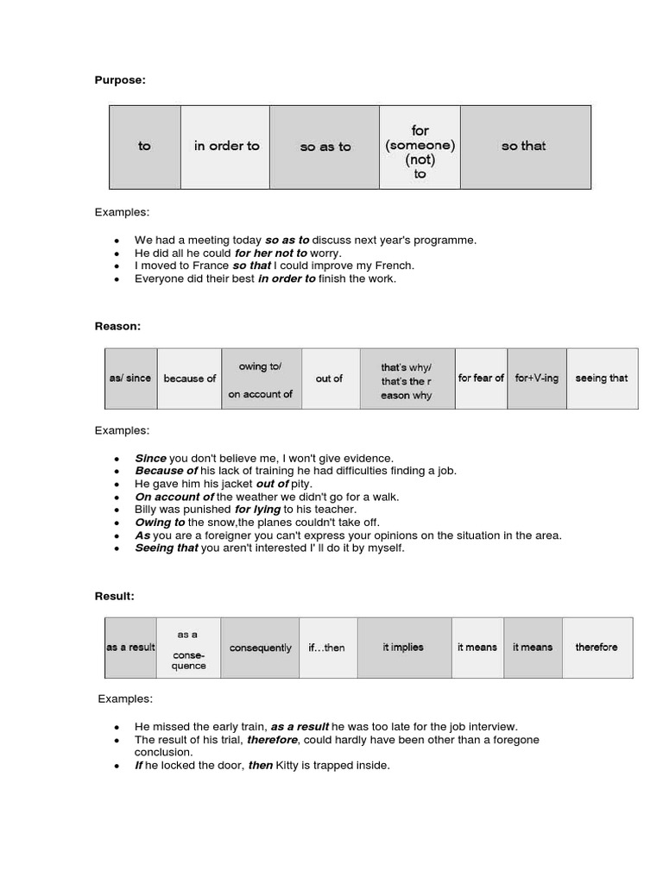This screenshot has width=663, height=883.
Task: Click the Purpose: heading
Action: (x=120, y=80)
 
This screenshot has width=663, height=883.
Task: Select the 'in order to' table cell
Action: (x=226, y=147)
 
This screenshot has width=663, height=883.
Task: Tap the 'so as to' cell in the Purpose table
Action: (x=325, y=147)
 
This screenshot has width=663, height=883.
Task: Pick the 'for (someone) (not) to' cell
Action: (x=420, y=147)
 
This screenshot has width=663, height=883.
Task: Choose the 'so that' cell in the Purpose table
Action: (x=524, y=147)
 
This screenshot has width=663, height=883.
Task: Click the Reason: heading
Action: (x=117, y=326)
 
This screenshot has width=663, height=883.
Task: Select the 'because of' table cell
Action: (x=189, y=379)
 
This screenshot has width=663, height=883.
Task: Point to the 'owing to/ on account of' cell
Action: (x=260, y=379)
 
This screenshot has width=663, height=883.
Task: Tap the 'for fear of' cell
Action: (x=481, y=379)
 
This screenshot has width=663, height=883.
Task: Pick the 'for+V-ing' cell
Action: (x=536, y=379)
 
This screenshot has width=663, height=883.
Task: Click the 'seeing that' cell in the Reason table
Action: (x=602, y=379)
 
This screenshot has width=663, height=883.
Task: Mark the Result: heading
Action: (x=115, y=596)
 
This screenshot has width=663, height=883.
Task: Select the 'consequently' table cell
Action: (x=260, y=648)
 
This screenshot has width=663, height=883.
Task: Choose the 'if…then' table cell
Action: (x=326, y=648)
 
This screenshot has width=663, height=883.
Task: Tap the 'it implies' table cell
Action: (x=403, y=648)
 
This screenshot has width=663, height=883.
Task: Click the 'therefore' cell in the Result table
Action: (x=597, y=648)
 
